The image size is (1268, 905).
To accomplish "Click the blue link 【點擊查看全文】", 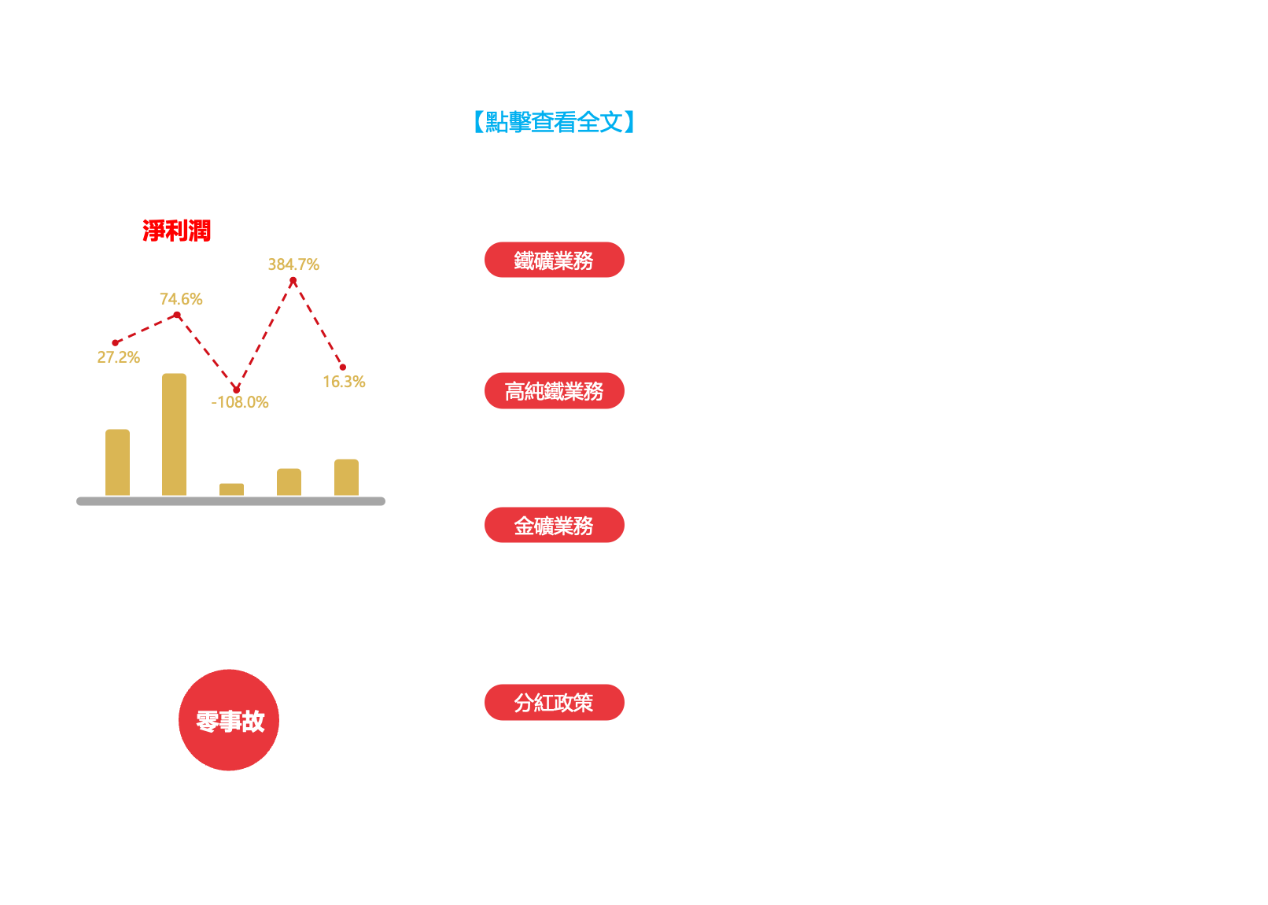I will (554, 122).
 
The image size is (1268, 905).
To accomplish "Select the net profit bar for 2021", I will (174, 434).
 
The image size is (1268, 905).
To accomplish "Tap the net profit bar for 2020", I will (117, 462).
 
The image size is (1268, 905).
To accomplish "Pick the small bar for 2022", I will (231, 489).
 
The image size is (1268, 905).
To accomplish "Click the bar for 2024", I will (346, 478).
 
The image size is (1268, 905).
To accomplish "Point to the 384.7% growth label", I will (293, 264).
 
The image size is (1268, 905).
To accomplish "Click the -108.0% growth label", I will (240, 402).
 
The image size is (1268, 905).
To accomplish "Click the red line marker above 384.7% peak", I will (293, 280).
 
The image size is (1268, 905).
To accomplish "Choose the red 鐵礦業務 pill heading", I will (554, 260).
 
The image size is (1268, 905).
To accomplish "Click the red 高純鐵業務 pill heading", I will (554, 391).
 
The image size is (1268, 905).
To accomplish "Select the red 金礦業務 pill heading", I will (554, 526).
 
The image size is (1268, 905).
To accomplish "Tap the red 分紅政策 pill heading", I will (554, 703).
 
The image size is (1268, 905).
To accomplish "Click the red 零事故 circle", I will (230, 721).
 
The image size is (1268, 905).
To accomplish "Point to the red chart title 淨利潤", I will (176, 231).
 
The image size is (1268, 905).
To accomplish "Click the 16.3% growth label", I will (344, 382).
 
